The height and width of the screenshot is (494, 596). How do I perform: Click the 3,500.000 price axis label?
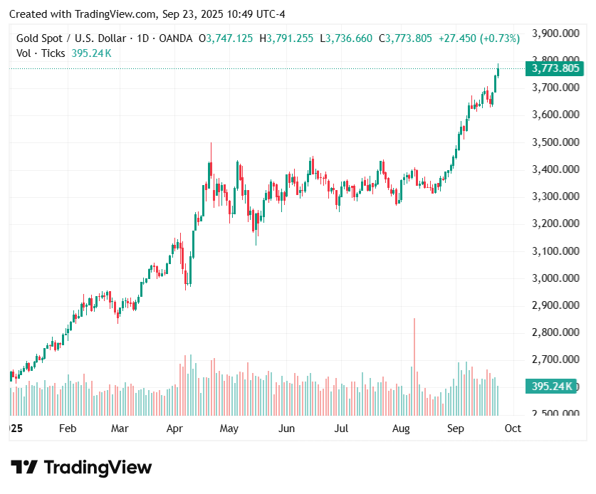tap(555, 142)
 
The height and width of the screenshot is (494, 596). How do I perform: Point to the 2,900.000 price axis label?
tap(555, 305)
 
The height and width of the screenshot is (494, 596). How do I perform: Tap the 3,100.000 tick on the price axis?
tap(555, 251)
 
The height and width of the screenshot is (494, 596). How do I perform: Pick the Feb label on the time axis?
tap(67, 429)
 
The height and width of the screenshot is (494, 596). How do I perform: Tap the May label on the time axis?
tap(229, 429)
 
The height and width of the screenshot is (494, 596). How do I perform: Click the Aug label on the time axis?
tap(401, 429)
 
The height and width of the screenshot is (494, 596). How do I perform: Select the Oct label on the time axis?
tap(513, 429)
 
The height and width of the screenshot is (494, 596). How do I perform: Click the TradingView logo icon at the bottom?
tap(23, 468)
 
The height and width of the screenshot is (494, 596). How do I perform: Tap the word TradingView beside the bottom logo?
tap(98, 468)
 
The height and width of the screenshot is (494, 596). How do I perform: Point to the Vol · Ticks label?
tap(41, 53)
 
